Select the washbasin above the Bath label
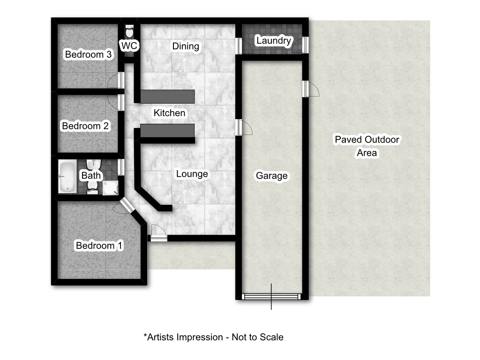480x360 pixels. (x=95, y=165)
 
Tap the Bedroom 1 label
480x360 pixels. (x=99, y=246)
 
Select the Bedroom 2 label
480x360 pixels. (x=85, y=126)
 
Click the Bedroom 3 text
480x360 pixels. (x=88, y=54)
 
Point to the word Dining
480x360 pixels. (x=186, y=46)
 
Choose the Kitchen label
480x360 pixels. (x=169, y=113)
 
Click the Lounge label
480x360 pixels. (x=192, y=174)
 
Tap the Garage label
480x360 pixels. (x=271, y=176)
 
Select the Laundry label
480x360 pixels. (x=274, y=41)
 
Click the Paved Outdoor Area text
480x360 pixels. (x=367, y=146)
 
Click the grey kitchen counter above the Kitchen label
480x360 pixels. (x=167, y=96)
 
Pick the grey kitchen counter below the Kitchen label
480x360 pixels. (x=167, y=131)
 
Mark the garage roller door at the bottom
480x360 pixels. (x=271, y=296)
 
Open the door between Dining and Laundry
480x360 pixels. (x=238, y=46)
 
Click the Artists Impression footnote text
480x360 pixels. (x=213, y=337)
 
